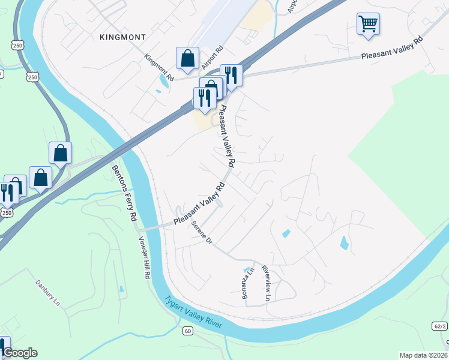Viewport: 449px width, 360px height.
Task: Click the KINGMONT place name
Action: click(x=122, y=37)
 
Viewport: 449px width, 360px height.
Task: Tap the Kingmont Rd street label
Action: click(x=159, y=68)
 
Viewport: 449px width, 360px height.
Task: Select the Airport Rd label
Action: click(x=212, y=56)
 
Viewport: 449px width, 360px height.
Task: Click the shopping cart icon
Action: click(x=368, y=24)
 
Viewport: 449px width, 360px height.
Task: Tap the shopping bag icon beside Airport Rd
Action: click(x=187, y=58)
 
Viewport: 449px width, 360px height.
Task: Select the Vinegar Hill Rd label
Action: click(x=143, y=257)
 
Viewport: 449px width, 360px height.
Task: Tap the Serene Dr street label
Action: click(x=202, y=233)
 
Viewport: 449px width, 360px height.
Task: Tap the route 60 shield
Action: click(x=187, y=331)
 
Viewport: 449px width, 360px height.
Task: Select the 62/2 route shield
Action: click(x=439, y=326)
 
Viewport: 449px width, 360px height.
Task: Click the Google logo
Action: click(x=19, y=353)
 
